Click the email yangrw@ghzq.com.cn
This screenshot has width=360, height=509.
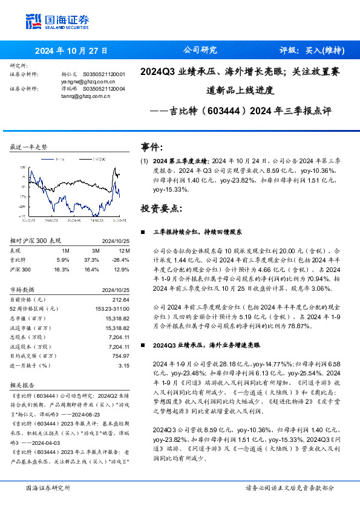88,80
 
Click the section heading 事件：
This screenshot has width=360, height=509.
152,147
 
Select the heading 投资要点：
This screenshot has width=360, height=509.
160,209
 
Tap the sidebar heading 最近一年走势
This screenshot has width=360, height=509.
29,148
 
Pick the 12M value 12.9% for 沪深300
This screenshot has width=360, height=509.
122,268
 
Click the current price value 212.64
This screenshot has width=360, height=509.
121,299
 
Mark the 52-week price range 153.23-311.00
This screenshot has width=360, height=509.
111,308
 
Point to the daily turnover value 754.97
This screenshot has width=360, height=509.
121,357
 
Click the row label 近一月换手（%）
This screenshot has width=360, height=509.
29,365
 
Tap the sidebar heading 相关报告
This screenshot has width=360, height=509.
24,384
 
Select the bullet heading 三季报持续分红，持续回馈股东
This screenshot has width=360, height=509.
198,232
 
